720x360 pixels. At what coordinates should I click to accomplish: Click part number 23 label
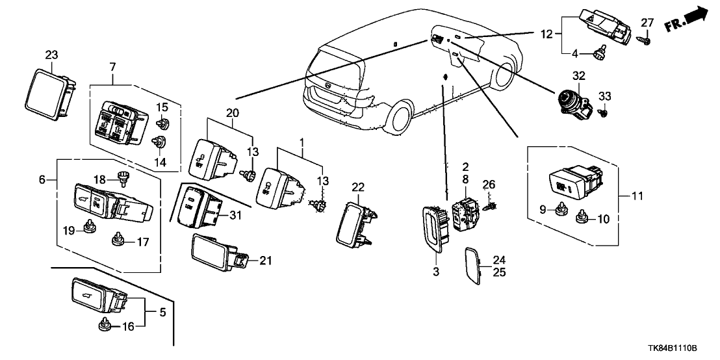(x=51, y=55)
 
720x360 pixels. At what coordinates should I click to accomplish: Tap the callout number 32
(x=578, y=76)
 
